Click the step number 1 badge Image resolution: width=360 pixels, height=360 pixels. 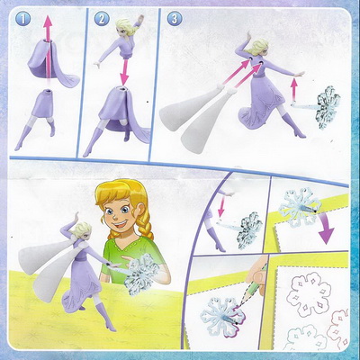coord(22,20)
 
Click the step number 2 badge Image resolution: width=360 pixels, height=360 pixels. coord(101,20)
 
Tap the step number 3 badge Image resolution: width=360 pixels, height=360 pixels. coord(175,20)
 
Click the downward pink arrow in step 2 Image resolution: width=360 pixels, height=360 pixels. coord(123,71)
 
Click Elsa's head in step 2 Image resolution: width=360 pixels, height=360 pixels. coord(125,28)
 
